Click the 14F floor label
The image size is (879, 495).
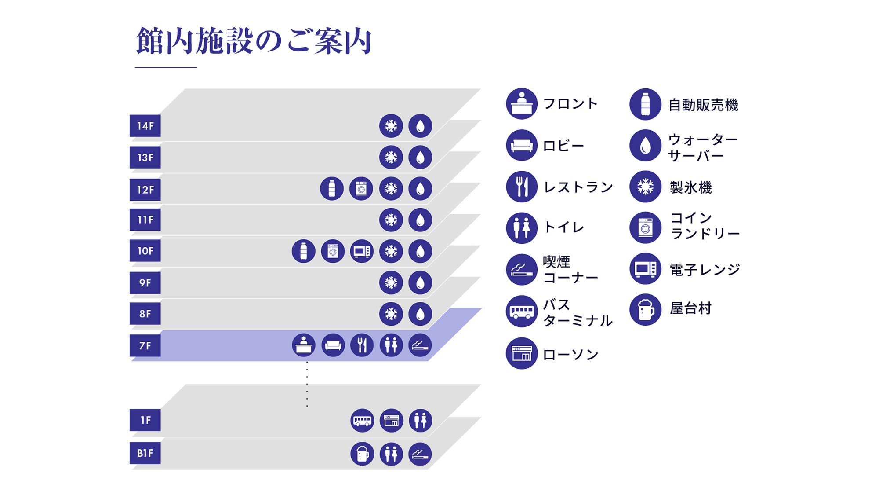coord(145,126)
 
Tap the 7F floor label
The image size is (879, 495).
coord(145,346)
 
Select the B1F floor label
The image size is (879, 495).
coord(145,453)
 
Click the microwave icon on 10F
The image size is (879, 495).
coord(362,251)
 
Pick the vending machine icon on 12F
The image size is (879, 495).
coord(332,189)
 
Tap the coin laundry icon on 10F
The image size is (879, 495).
coord(333,251)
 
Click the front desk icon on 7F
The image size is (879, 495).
coord(304,345)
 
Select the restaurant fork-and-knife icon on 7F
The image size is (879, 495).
coord(362,345)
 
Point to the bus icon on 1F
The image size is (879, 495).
coord(362,421)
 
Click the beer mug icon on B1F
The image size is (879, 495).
coord(362,454)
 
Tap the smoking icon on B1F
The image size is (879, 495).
coord(420,454)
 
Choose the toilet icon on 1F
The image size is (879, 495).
coord(421,421)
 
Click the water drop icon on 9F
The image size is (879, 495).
coord(420,282)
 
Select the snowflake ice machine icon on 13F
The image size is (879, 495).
coord(391,157)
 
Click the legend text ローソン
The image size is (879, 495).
coord(570,355)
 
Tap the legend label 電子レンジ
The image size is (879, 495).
coord(705,269)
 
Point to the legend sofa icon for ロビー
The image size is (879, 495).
coord(522,145)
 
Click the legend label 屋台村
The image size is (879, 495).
coord(690,308)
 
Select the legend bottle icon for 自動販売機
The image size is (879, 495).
coord(645,104)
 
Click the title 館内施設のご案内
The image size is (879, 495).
coord(254,41)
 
